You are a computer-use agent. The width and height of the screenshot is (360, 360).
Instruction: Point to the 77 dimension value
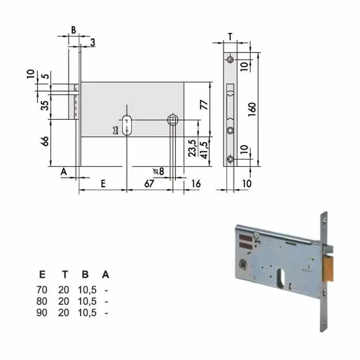point(204,105)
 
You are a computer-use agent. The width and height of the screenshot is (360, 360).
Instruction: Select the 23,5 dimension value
point(191,148)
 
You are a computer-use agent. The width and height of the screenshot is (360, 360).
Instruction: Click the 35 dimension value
point(45,106)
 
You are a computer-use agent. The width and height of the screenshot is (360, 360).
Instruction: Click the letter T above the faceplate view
point(230,35)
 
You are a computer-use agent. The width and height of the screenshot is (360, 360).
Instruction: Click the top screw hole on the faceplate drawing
point(230,60)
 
